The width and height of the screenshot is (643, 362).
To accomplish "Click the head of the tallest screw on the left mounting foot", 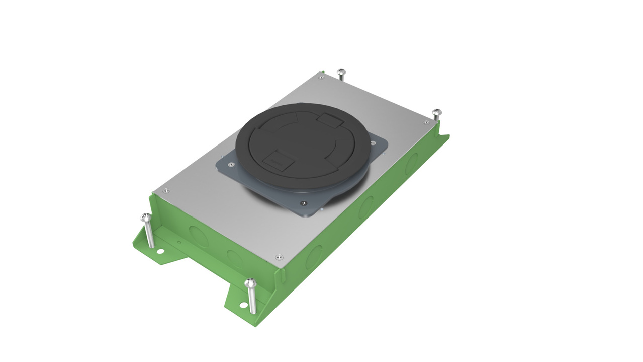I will pos(146,218).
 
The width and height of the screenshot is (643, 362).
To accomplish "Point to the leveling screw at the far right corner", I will pos(437,112).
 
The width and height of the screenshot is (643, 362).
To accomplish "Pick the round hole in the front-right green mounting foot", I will pos(244,304).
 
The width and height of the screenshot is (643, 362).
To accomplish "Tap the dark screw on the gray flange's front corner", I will pos(303,203).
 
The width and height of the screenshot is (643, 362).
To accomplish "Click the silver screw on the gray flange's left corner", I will pos(231,164).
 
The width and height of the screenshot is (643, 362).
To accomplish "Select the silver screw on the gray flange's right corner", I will pos(373,142).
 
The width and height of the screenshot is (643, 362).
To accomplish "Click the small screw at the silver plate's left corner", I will pos(166,191).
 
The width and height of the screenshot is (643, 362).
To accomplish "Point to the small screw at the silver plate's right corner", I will pos(426,122).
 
